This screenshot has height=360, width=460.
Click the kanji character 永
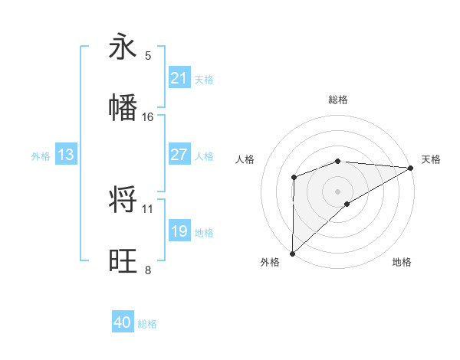click(123, 47)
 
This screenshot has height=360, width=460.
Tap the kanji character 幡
click(123, 108)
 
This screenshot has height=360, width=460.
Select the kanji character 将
click(123, 200)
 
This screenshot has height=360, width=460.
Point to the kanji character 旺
click(123, 261)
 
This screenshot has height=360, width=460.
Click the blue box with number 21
click(179, 78)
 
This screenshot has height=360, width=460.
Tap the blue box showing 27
click(179, 155)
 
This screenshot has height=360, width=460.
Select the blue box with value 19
click(179, 231)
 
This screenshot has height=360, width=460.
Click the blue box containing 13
click(66, 155)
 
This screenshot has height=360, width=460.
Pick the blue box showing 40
click(123, 323)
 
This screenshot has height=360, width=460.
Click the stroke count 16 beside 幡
click(148, 116)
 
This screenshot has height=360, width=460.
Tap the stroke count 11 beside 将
click(148, 208)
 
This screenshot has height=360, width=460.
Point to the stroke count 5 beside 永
click(148, 55)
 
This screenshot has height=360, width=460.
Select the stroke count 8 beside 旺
click(148, 270)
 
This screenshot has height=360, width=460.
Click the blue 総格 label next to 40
click(147, 324)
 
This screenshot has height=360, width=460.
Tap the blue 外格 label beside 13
click(41, 155)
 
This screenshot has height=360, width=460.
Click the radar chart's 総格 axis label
click(338, 100)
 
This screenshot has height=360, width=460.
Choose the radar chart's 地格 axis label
click(402, 262)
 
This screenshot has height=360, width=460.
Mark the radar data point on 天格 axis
click(411, 168)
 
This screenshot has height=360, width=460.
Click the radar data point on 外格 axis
click(292, 254)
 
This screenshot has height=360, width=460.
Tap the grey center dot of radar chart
click(338, 191)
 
